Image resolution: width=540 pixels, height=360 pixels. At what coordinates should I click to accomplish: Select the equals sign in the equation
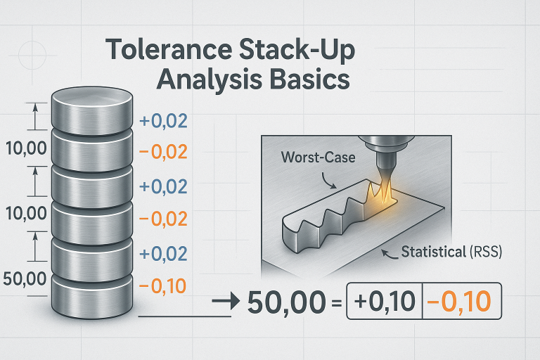click(x=335, y=303)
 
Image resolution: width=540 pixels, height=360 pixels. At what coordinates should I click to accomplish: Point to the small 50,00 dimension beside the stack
click(x=25, y=278)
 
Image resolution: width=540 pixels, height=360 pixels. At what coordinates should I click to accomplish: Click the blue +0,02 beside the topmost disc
click(x=164, y=121)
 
